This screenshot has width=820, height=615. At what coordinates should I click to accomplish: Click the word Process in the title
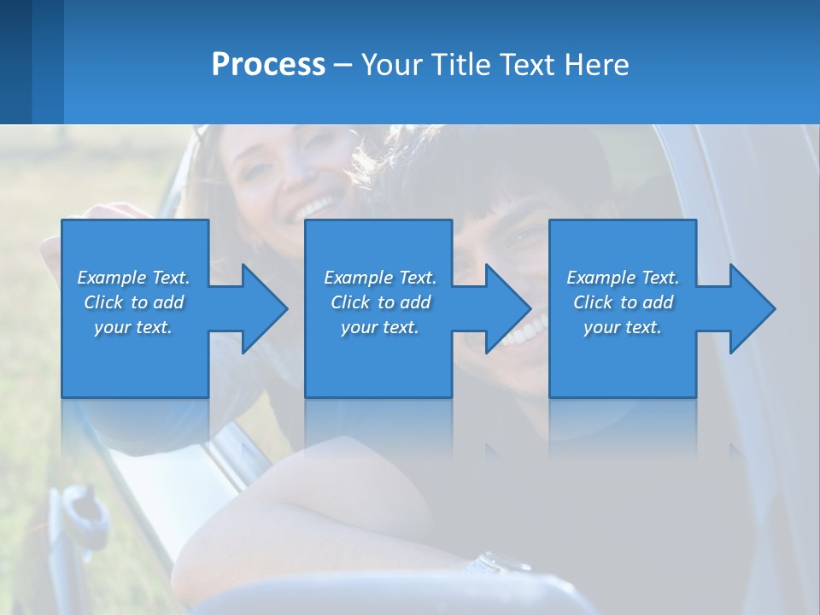pyautogui.click(x=268, y=65)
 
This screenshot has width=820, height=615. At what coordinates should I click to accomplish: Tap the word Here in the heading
pyautogui.click(x=595, y=65)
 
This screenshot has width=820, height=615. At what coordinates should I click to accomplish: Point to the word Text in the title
pyautogui.click(x=530, y=65)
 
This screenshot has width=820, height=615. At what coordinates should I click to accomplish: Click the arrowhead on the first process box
pyautogui.click(x=264, y=308)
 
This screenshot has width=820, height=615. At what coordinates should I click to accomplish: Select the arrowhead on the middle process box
pyautogui.click(x=507, y=308)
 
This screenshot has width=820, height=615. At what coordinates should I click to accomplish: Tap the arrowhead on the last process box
pyautogui.click(x=752, y=308)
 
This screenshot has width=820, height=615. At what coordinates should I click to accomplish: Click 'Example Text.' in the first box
pyautogui.click(x=133, y=278)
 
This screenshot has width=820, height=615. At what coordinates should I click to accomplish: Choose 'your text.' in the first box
pyautogui.click(x=133, y=327)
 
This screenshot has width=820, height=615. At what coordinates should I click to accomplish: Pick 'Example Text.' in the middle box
pyautogui.click(x=380, y=278)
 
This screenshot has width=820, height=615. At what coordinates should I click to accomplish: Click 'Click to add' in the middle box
pyautogui.click(x=380, y=302)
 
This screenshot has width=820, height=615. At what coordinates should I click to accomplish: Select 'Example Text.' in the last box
pyautogui.click(x=623, y=278)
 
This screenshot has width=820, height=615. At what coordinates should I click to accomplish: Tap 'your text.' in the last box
pyautogui.click(x=623, y=327)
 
